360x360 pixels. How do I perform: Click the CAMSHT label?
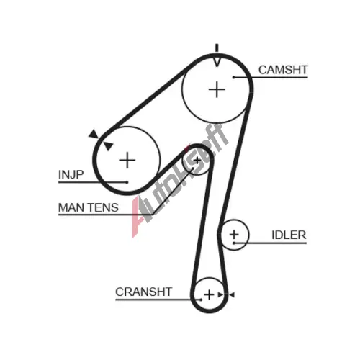point(283,70)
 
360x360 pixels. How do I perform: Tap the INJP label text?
point(71,174)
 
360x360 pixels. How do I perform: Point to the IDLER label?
point(289,235)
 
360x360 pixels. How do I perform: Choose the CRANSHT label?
point(144,292)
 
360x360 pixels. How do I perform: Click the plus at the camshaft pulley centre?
point(217,89)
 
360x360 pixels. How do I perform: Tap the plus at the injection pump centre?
point(127,160)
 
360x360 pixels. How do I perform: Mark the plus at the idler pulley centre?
point(234,234)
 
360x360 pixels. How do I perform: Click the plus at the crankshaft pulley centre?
point(210,294)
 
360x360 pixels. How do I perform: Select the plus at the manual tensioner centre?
point(197,161)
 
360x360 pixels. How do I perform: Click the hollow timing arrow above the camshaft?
point(217,61)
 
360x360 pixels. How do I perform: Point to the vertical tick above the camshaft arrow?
point(217,48)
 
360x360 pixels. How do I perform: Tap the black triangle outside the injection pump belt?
point(94,134)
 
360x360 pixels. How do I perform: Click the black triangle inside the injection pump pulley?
point(108,146)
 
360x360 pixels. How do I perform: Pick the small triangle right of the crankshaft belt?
point(232,294)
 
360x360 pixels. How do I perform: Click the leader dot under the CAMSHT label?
point(233,77)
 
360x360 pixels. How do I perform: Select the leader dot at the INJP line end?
point(127,182)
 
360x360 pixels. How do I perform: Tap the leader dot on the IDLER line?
point(234,243)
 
